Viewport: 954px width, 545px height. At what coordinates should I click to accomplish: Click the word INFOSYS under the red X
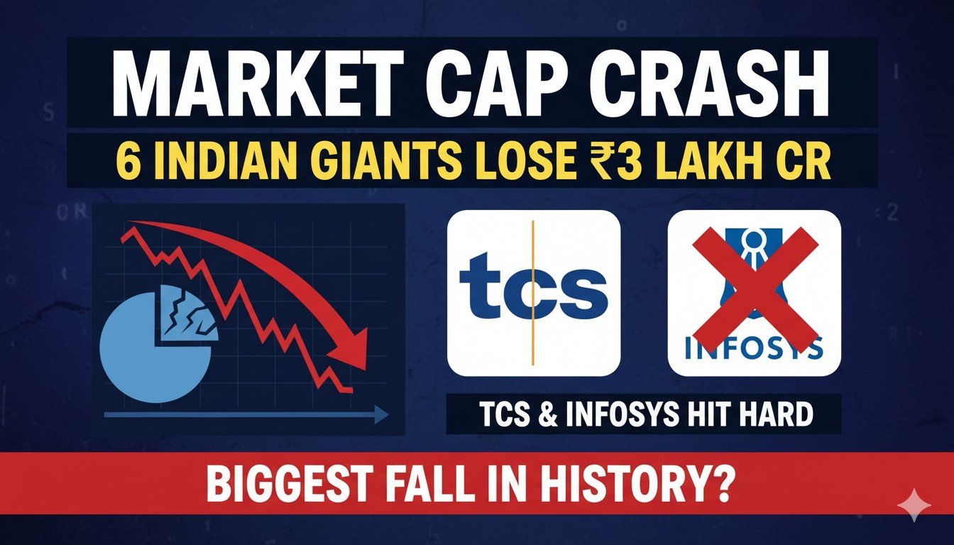tap(755, 348)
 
